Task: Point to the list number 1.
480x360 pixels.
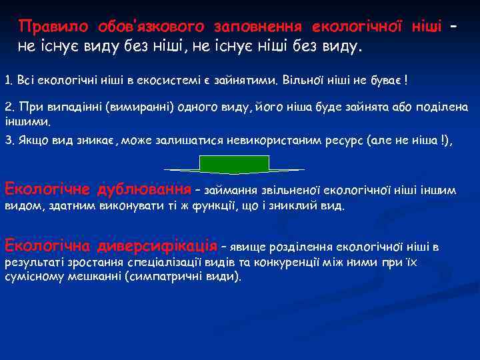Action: [x=7, y=81]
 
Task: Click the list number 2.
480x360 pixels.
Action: [x=9, y=107]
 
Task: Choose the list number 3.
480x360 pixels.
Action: [x=8, y=141]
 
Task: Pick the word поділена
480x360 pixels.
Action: [x=440, y=107]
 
